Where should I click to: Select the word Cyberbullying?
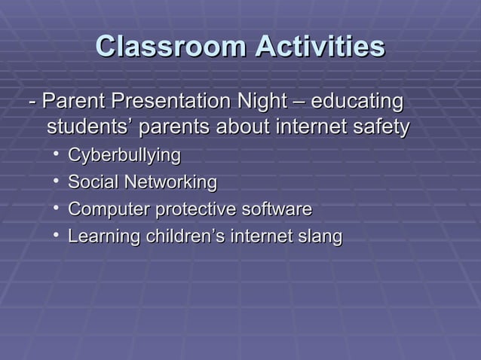pyautogui.click(x=124, y=156)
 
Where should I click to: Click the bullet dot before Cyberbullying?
pyautogui.click(x=56, y=155)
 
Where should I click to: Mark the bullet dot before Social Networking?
pyautogui.click(x=56, y=182)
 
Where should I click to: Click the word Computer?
pyautogui.click(x=109, y=209)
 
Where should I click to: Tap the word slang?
pyautogui.click(x=320, y=236)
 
